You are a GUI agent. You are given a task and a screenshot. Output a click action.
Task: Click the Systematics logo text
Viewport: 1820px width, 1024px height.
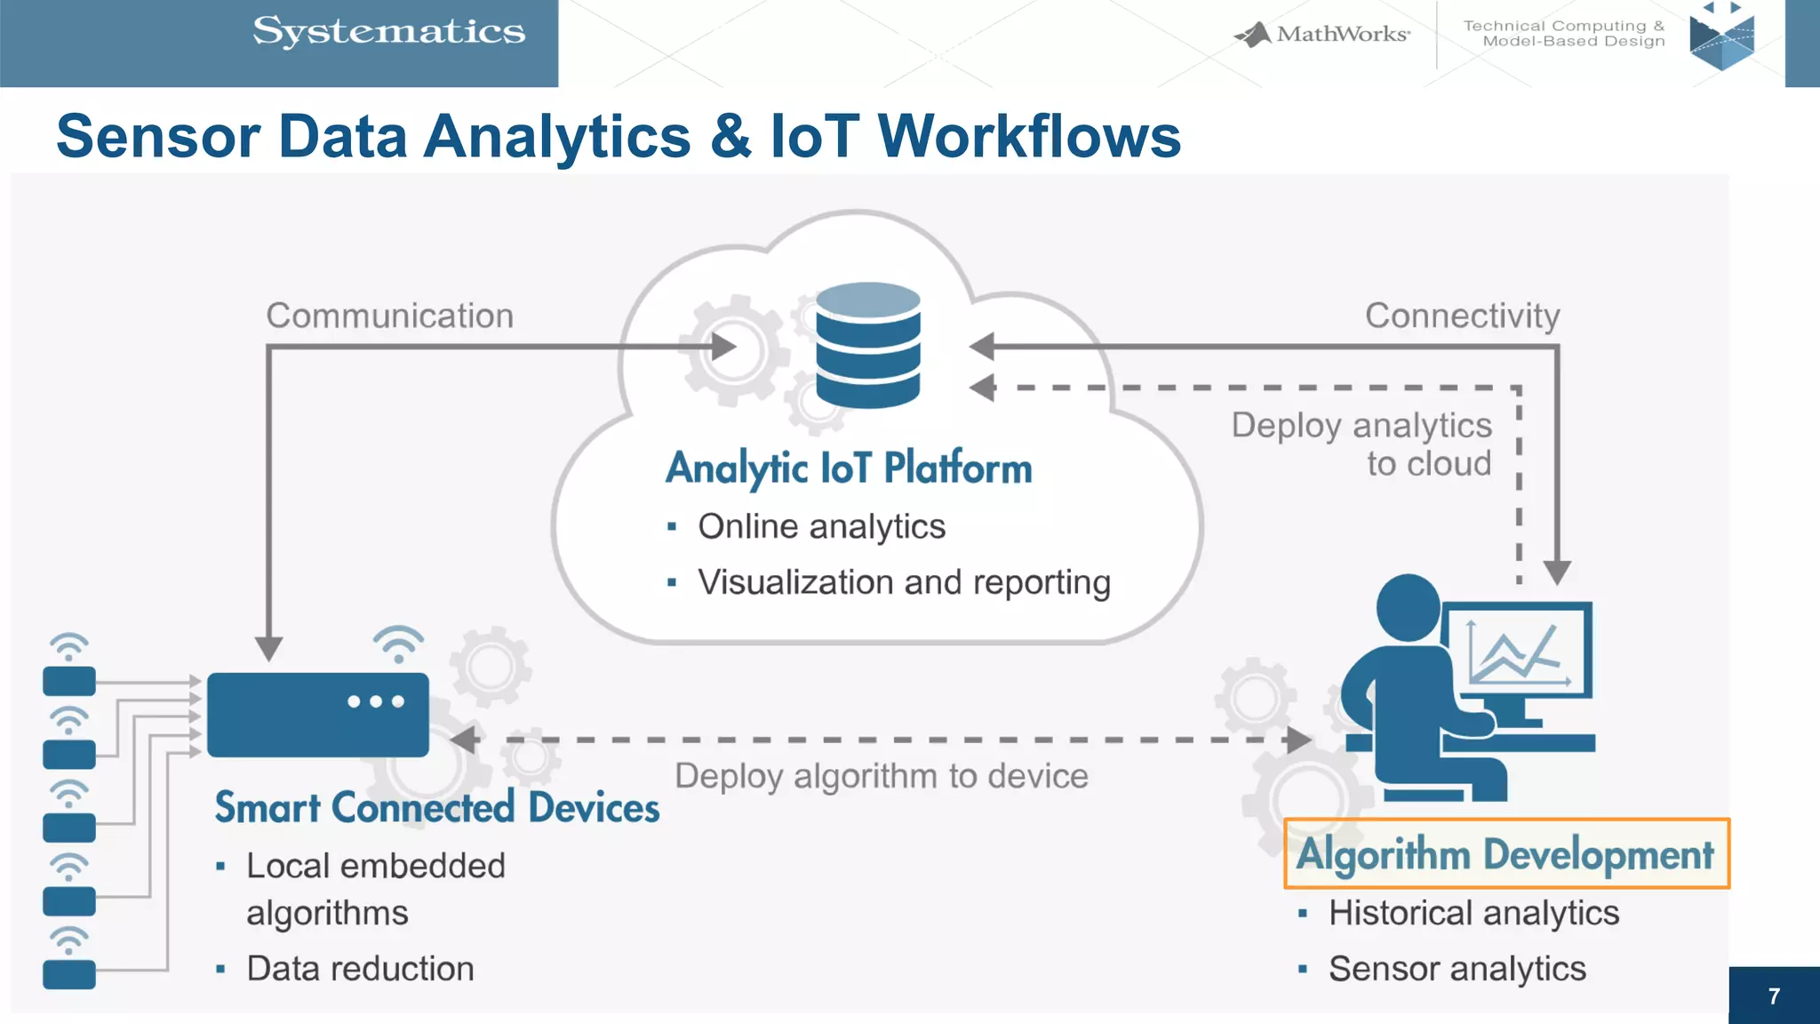388,32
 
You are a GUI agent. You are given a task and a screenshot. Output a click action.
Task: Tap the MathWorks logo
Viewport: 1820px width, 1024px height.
1322,35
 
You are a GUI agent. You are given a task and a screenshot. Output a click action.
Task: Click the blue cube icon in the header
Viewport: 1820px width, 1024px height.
1721,39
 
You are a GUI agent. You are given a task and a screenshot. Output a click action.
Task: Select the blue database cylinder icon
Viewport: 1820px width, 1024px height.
867,346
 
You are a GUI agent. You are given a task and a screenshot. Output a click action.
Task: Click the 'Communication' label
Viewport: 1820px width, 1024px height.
389,316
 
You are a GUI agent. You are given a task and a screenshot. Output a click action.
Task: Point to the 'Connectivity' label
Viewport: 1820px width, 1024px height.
1462,316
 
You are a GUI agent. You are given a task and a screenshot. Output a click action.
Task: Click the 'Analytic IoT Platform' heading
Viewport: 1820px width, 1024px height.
849,468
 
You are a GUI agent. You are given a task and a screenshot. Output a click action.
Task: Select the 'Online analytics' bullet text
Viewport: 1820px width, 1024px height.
821,526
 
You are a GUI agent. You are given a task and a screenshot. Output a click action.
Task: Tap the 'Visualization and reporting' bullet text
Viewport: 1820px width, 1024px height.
904,582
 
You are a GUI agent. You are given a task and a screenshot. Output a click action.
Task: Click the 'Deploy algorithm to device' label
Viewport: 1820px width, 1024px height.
881,776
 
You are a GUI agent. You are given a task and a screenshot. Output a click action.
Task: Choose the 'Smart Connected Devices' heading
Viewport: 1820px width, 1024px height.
436,808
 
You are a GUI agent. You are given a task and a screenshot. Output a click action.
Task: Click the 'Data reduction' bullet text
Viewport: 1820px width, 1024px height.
360,968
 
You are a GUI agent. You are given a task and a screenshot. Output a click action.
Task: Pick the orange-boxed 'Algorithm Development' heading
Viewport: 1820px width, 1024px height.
1505,854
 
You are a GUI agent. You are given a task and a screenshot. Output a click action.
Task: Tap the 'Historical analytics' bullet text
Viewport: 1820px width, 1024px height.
1473,913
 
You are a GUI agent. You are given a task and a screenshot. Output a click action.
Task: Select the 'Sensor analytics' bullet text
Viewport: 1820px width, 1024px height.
1457,968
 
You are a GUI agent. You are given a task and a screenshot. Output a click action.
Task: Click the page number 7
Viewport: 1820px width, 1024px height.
1774,996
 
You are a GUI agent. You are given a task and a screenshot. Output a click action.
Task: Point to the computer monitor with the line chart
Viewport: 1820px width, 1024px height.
1518,652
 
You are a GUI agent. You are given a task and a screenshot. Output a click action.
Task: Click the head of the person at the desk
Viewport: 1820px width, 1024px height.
1408,608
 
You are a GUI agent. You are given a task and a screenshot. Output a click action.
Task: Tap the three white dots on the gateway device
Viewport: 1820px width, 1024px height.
376,701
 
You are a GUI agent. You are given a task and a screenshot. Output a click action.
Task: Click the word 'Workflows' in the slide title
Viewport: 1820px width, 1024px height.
1029,137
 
